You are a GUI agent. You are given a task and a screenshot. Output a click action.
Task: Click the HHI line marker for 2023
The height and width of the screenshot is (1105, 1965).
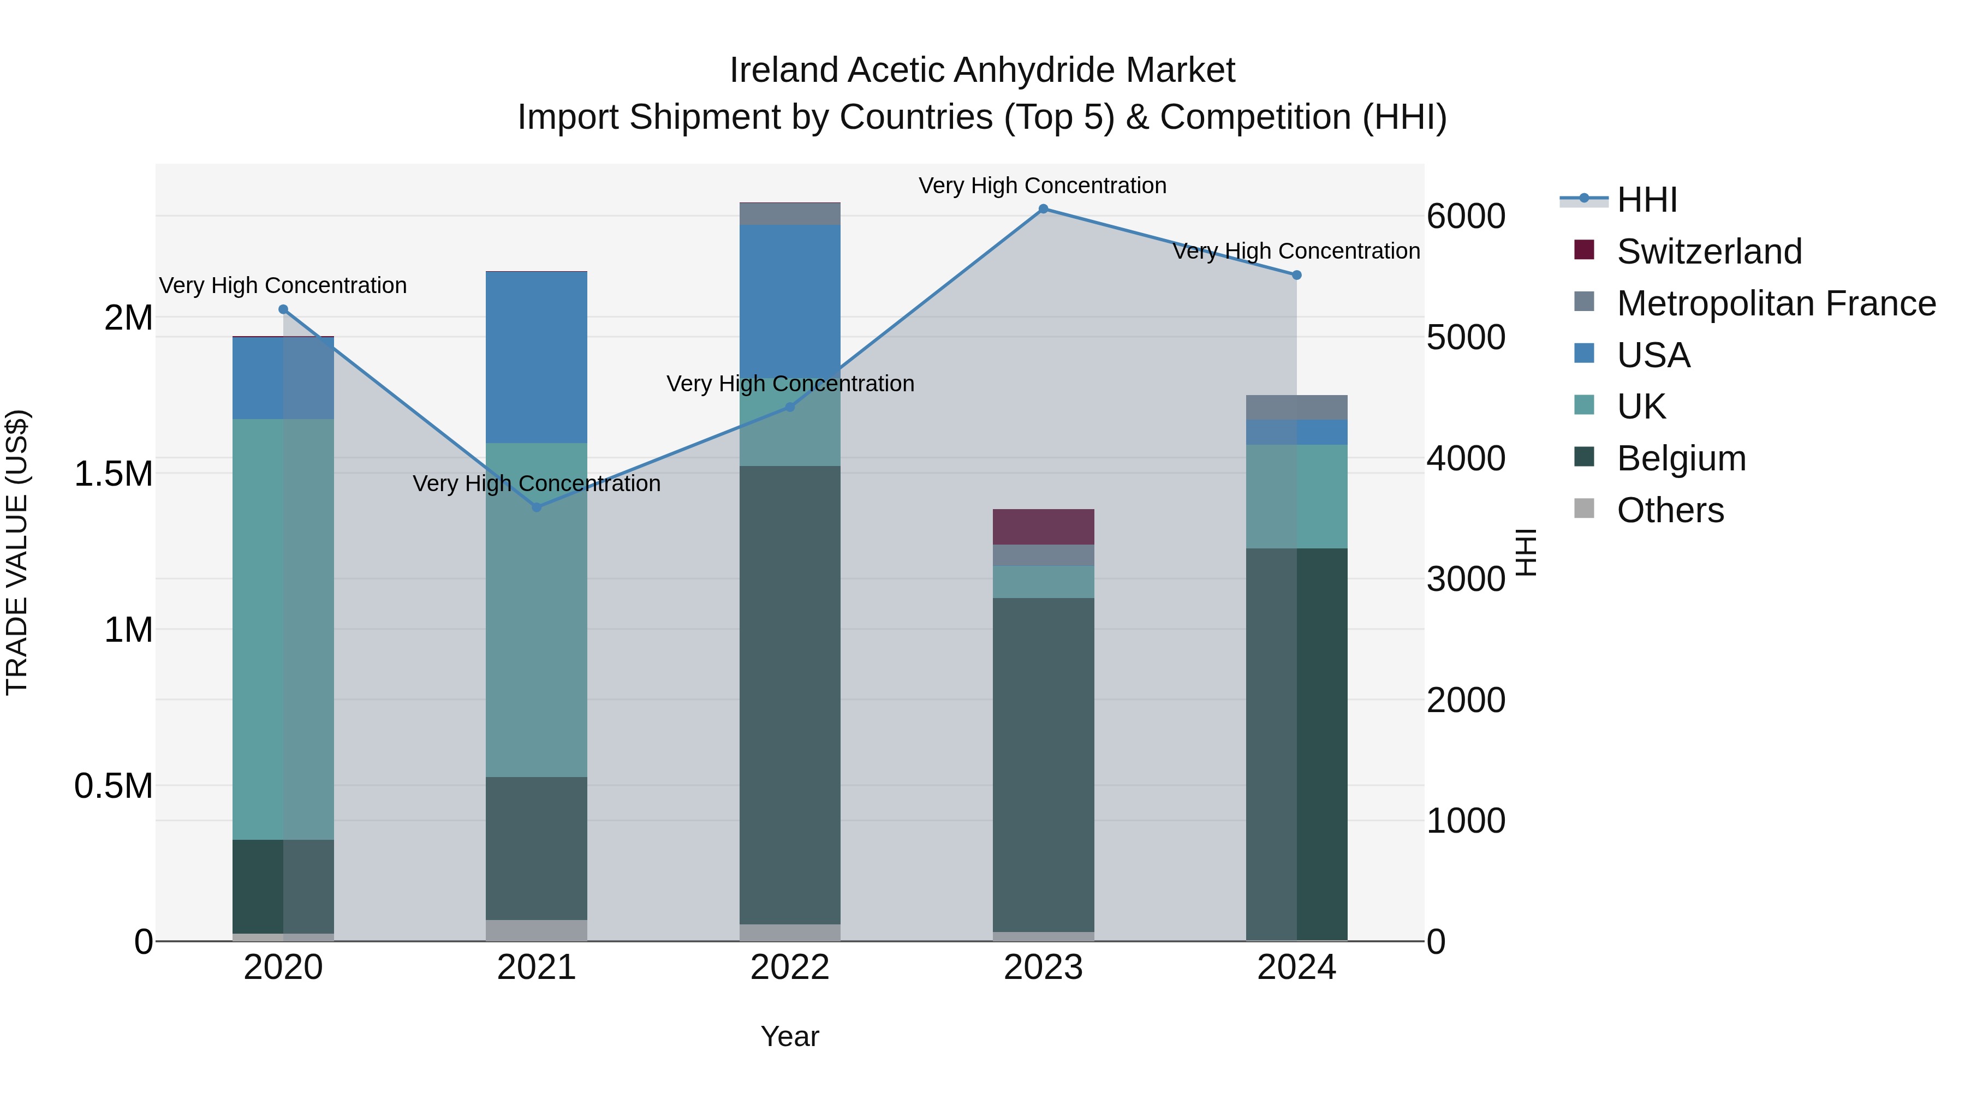click(1043, 209)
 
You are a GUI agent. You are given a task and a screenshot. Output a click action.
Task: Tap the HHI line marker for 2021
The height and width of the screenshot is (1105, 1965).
click(536, 507)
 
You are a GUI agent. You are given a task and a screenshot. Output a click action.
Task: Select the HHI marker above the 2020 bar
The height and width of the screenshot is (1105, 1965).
click(283, 309)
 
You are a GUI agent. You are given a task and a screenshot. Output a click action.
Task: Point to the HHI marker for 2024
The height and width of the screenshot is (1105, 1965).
click(1296, 276)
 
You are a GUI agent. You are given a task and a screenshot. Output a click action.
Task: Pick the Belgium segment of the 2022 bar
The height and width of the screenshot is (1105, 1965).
click(789, 694)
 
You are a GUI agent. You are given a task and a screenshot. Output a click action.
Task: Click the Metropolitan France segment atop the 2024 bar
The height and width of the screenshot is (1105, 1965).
click(1296, 407)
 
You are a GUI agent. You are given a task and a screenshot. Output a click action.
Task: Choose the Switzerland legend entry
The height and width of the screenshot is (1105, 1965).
click(1708, 252)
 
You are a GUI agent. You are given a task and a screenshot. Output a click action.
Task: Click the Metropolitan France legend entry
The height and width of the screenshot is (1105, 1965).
click(1776, 303)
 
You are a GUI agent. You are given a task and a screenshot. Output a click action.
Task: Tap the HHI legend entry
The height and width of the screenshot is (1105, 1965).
click(1646, 200)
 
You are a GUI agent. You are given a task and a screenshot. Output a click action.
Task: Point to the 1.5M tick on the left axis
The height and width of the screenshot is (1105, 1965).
click(113, 474)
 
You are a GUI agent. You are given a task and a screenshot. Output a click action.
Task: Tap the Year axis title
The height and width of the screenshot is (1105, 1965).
click(789, 1036)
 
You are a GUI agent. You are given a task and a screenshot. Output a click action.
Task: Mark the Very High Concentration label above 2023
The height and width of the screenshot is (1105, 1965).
click(1042, 186)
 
